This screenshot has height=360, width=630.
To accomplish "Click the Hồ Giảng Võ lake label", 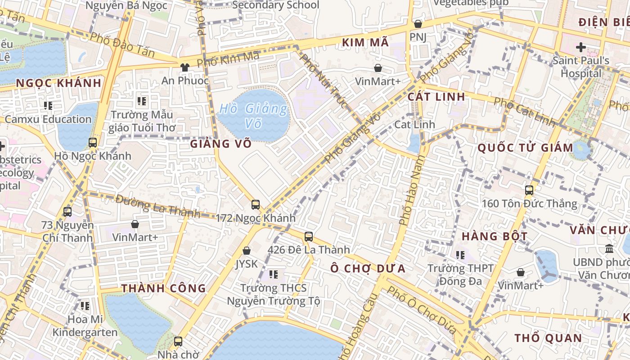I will point(253,116).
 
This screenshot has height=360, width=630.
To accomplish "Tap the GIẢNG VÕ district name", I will point(220,144).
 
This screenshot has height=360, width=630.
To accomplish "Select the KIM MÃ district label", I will point(365,42).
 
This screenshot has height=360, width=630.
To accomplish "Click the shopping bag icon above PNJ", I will point(418,24).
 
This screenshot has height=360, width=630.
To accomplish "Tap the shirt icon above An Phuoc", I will point(185,67).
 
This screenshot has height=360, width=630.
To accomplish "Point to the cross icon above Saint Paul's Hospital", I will point(581,47).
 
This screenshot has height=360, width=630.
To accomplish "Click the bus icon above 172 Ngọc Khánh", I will point(256,205).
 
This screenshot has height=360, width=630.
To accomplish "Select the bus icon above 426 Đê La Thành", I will point(309,236).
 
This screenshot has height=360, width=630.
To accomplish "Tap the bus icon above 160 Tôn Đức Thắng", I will point(529,190).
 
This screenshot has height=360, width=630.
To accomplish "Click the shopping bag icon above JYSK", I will point(247,251).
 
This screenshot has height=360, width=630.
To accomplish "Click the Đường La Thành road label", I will point(157,206).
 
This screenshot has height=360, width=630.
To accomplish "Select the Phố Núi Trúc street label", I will point(324,81).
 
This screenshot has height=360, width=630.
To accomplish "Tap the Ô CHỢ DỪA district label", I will point(368,269).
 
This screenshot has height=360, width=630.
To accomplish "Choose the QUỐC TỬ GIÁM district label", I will point(525,148).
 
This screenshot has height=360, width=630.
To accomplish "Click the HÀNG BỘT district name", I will point(495,236).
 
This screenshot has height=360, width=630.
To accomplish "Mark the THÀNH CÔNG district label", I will point(164,288).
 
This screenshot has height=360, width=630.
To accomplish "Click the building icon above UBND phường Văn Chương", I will point(609,248).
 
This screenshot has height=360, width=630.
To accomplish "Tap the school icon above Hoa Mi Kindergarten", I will point(85,306).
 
